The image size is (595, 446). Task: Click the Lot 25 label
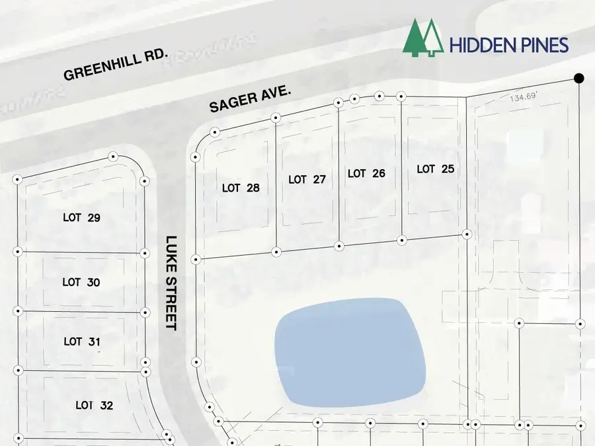pos(436,170)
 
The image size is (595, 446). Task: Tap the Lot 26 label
pos(366,174)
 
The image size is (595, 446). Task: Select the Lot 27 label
pos(307,179)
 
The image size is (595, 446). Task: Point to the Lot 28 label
pos(241,188)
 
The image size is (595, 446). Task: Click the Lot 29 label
pos(81,217)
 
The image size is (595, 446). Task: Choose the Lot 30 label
pos(81,282)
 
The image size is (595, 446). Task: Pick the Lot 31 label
pos(82,342)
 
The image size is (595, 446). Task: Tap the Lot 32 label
pos(94,405)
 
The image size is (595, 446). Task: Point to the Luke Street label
pos(171,283)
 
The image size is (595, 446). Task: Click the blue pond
pos(350,352)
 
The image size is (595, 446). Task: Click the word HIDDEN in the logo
pos(482,46)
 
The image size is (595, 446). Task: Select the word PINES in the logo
pos(543,46)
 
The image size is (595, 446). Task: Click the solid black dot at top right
pos(578,79)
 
